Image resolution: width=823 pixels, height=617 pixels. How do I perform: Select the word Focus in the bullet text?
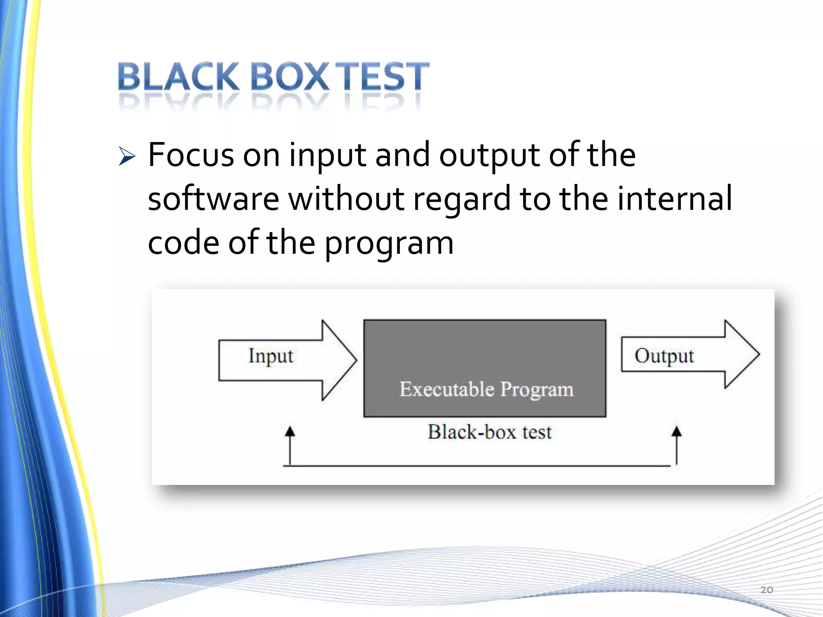[x=190, y=155]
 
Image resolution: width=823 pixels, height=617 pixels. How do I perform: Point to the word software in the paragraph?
[x=213, y=199]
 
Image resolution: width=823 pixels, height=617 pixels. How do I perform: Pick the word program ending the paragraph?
[x=389, y=244]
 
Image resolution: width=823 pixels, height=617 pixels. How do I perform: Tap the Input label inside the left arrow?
[x=270, y=356]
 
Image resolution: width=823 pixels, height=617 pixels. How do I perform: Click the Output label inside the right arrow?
[x=664, y=356]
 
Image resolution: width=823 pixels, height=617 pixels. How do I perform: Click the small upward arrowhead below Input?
[x=290, y=432]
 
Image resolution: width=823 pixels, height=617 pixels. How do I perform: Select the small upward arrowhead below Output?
[x=677, y=431]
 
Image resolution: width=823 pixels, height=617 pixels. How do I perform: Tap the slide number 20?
[x=766, y=590]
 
